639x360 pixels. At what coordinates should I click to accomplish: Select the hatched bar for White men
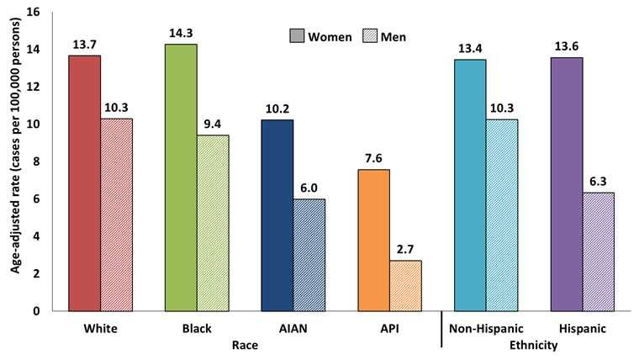point(116,214)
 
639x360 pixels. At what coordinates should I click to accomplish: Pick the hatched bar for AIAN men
point(309,255)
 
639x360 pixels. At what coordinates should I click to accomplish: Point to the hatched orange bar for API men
point(405,285)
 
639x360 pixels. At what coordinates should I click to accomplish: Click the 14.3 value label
point(181,32)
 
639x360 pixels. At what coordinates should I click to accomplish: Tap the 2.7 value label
point(405,249)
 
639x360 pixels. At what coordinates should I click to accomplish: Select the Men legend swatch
point(366,37)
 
